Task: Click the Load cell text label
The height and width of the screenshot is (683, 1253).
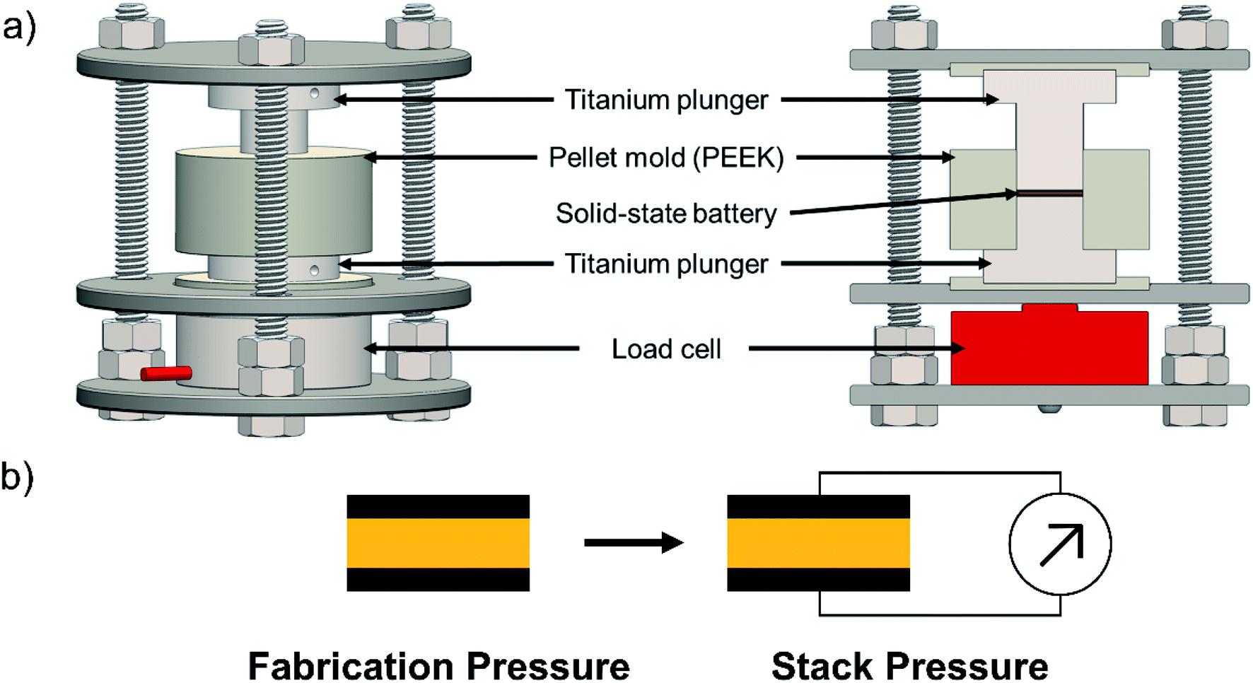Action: [666, 349]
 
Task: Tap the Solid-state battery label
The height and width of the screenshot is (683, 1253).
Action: [666, 214]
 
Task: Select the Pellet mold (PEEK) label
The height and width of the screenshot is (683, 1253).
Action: [666, 158]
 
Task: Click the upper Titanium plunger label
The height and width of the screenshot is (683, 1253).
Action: [666, 100]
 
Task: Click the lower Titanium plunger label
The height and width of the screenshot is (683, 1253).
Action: [666, 264]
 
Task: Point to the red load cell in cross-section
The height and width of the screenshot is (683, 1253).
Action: [1049, 346]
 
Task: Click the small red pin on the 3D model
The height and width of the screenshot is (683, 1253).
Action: [166, 373]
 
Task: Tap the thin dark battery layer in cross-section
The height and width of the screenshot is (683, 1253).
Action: [1049, 192]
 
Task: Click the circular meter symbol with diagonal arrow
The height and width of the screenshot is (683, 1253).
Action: [1060, 544]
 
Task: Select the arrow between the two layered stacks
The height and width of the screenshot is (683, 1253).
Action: [634, 543]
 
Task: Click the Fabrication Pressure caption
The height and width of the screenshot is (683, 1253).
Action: [438, 666]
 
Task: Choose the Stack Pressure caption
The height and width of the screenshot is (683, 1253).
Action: [909, 666]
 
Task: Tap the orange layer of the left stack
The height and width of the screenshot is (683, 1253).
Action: [438, 543]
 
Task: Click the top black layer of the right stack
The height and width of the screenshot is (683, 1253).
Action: [818, 507]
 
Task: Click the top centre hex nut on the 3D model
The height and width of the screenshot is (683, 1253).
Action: [272, 51]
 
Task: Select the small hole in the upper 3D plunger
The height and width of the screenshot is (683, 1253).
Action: [315, 93]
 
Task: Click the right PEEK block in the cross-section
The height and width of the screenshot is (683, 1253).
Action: [1116, 199]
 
